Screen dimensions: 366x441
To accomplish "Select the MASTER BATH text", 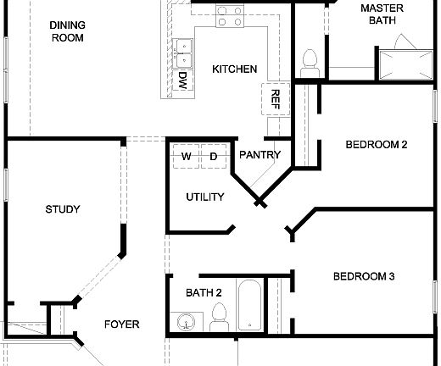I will pyautogui.click(x=381, y=14).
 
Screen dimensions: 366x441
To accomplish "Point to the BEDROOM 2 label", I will pyautogui.click(x=377, y=145).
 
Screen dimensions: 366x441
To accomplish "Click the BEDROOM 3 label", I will pyautogui.click(x=363, y=276).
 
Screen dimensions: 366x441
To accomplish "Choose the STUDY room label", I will pyautogui.click(x=62, y=208).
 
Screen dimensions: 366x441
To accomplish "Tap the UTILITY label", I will pyautogui.click(x=204, y=197).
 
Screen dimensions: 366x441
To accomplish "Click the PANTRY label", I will pyautogui.click(x=260, y=155).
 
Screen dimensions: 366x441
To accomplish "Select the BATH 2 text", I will pyautogui.click(x=204, y=293).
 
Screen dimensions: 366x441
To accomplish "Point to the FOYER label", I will pyautogui.click(x=121, y=324).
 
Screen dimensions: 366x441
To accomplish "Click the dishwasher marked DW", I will pyautogui.click(x=182, y=80).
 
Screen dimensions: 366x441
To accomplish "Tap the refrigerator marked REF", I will pyautogui.click(x=275, y=98).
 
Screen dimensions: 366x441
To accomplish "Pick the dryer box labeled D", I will pyautogui.click(x=214, y=156).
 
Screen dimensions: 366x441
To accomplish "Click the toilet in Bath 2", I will pyautogui.click(x=220, y=318).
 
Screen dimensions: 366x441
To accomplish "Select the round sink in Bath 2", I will pyautogui.click(x=186, y=321).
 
